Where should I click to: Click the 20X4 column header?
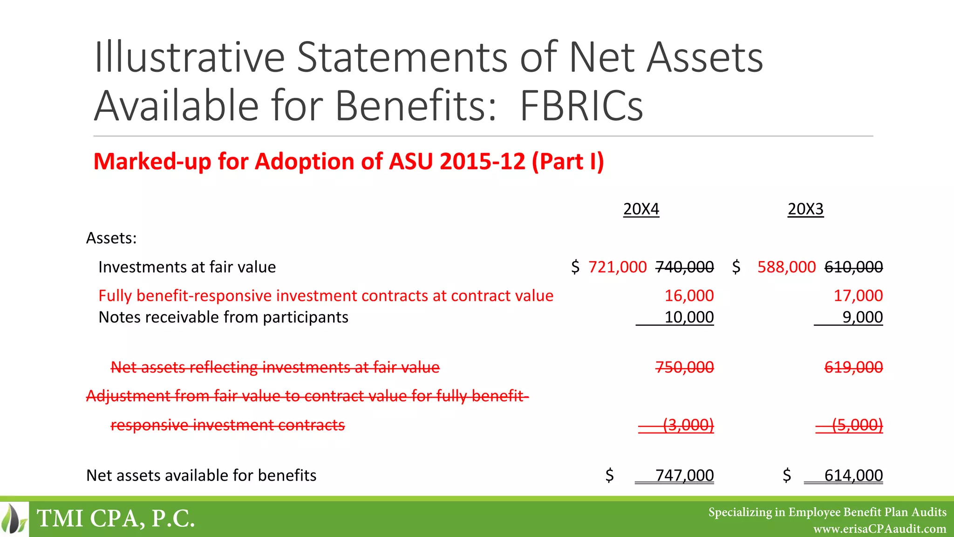641,209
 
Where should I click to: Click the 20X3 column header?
805,209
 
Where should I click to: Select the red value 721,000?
617,267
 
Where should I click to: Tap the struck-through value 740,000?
684,267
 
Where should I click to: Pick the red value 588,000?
786,267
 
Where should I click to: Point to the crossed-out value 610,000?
853,267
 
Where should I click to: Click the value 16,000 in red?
689,296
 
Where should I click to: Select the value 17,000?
858,296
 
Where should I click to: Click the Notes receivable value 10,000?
689,317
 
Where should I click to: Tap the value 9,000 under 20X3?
862,317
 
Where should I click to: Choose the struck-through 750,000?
684,367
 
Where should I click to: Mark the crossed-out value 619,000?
853,367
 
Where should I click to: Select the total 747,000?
684,475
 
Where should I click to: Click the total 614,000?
853,475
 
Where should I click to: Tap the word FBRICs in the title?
581,106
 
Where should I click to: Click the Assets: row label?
111,238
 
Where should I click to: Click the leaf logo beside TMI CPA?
14,518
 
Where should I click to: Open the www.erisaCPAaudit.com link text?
879,529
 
